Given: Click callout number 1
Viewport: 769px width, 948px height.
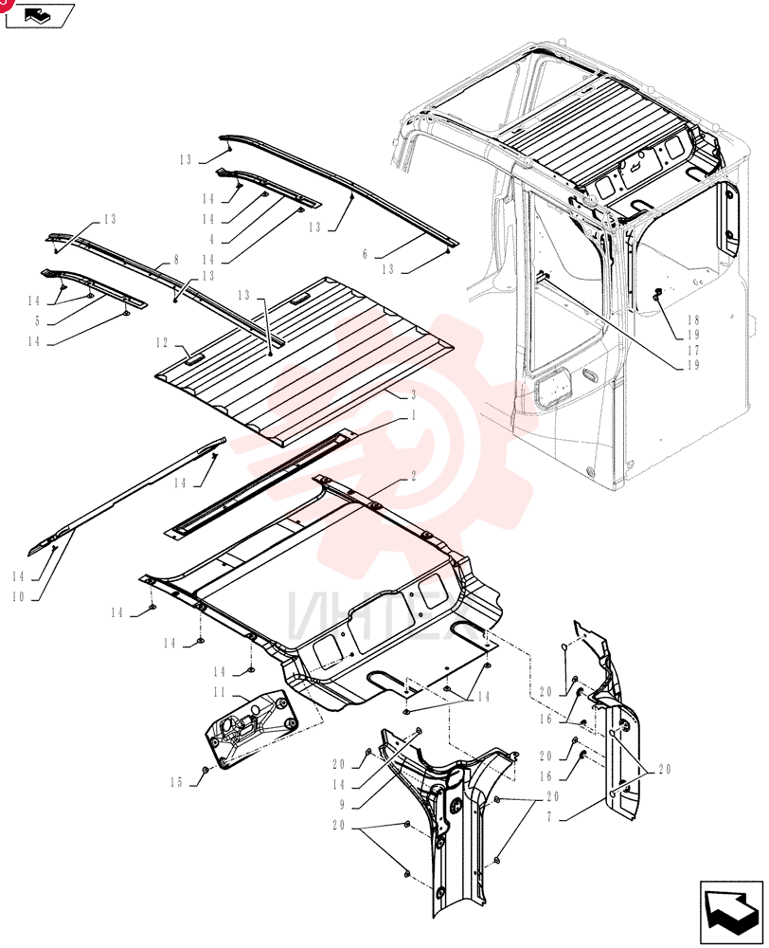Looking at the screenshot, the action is [x=413, y=416].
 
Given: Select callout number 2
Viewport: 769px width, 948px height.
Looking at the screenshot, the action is [x=413, y=477].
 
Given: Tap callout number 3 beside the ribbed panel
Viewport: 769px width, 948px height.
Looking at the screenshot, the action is [x=413, y=394].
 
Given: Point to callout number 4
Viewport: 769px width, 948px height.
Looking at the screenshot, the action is [x=211, y=240].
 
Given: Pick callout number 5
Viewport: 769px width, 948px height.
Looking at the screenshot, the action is [x=38, y=321].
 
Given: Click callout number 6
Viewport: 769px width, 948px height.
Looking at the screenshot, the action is [x=365, y=254].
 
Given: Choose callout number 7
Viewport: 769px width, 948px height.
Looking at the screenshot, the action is [x=549, y=817].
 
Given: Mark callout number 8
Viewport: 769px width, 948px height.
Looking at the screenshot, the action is [x=176, y=260].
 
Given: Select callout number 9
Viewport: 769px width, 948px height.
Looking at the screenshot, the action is [x=342, y=805].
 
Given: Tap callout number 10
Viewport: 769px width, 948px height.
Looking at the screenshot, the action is [x=18, y=596].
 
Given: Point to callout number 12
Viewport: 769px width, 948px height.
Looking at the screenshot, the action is [x=162, y=343].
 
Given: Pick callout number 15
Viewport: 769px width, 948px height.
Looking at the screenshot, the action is [x=176, y=782].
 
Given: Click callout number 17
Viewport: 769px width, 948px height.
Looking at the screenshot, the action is [x=693, y=350].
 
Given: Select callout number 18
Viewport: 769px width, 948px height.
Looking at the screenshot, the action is [x=693, y=319].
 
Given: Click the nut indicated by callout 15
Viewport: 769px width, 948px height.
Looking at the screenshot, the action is [x=206, y=770].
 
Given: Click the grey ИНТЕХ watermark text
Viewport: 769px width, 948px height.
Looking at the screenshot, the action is [x=380, y=614].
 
